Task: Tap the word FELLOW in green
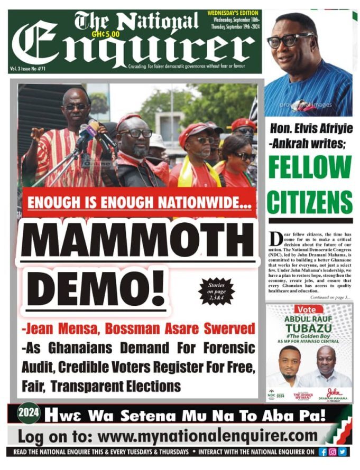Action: click(310, 168)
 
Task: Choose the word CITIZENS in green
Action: click(310, 202)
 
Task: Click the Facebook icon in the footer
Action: click(323, 452)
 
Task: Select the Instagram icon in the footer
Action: click(333, 452)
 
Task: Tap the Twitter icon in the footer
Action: click(342, 452)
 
